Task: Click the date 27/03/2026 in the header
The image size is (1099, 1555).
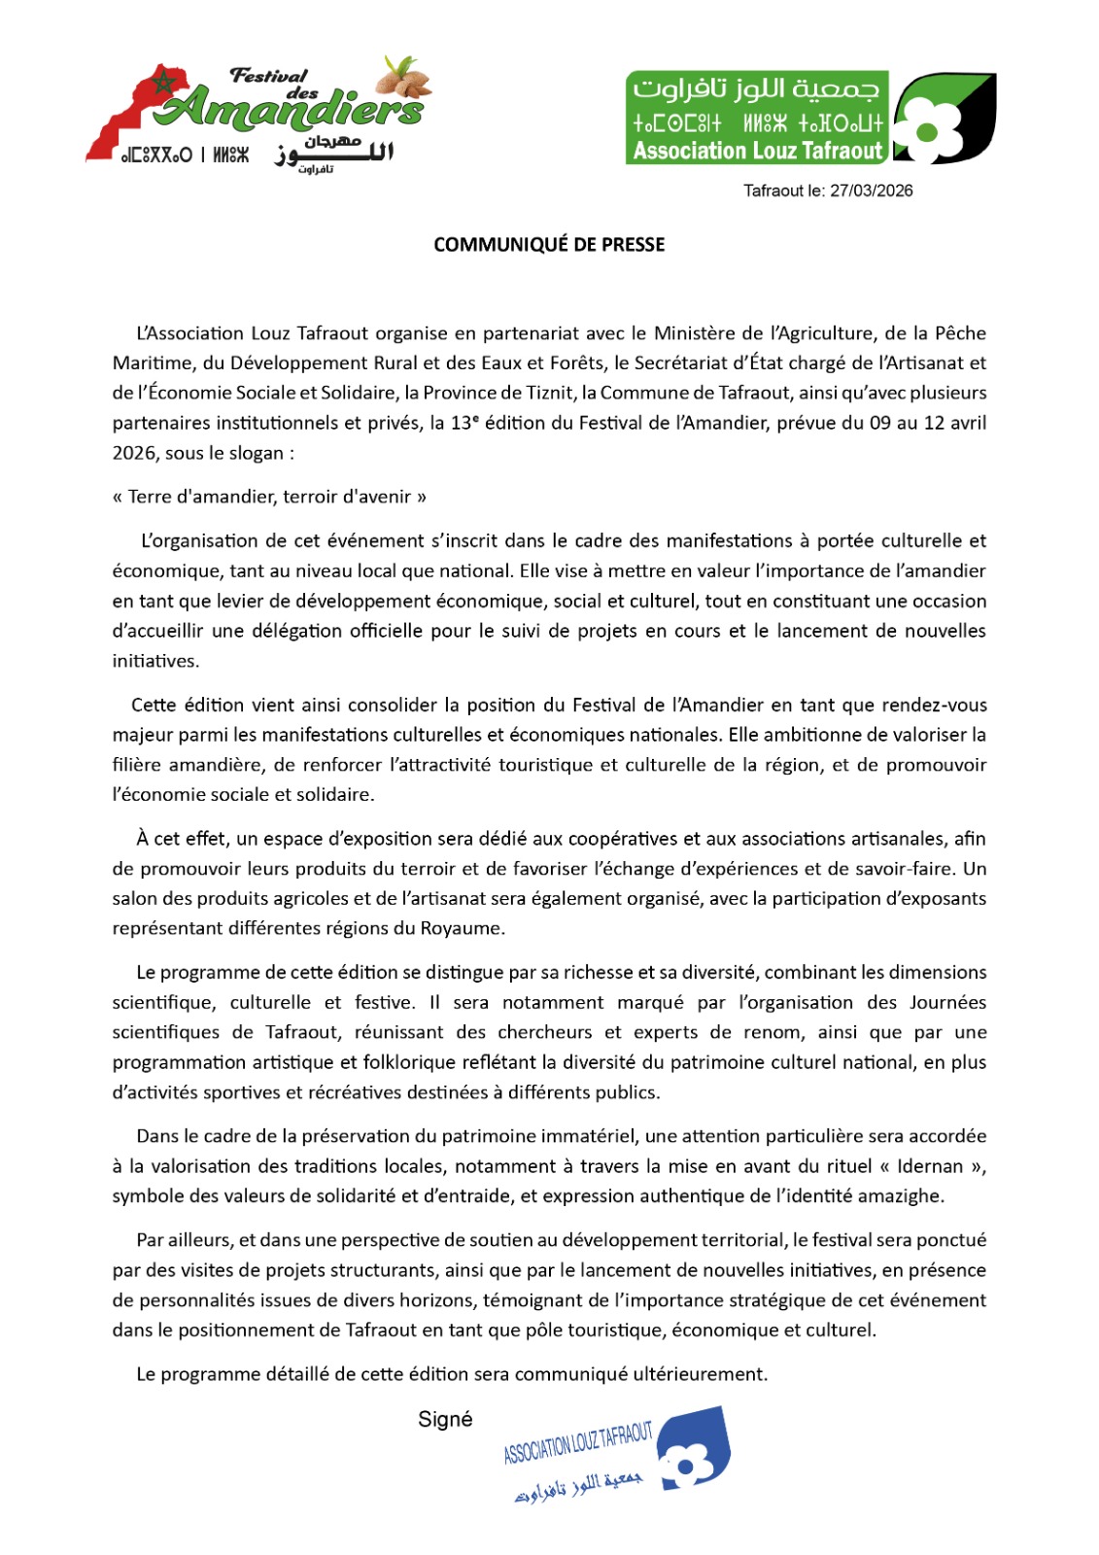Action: point(871,190)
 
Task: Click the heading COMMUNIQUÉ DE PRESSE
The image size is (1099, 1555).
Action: point(549,245)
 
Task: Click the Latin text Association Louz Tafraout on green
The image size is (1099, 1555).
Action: point(757,151)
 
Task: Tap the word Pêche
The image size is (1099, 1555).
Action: point(960,333)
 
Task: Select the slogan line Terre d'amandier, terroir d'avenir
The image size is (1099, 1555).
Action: point(269,497)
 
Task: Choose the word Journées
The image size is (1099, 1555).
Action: point(947,1002)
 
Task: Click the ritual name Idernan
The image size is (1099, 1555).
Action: point(930,1166)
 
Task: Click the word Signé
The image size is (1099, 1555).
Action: point(445,1420)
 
